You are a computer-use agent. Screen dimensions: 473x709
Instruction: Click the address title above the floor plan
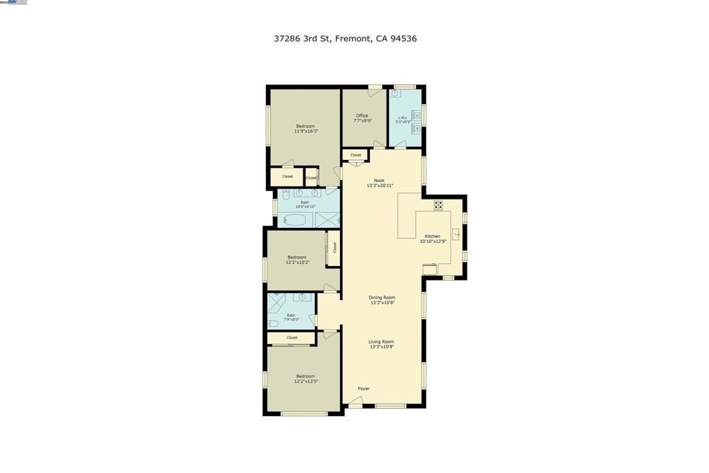coord(345,39)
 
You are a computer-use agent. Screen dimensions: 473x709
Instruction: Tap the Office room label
coord(362,116)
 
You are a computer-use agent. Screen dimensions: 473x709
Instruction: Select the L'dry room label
coord(402,118)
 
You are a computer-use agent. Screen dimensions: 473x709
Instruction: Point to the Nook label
coord(379,181)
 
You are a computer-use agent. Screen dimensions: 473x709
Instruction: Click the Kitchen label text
coord(432,236)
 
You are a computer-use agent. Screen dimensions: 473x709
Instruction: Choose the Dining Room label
coord(382,297)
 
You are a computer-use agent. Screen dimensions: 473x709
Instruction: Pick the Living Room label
coord(381,341)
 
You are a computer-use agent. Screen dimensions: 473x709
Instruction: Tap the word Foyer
coord(364,389)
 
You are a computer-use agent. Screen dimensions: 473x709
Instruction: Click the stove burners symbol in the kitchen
coord(438,204)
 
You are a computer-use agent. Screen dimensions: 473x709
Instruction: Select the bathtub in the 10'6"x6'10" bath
coord(296,220)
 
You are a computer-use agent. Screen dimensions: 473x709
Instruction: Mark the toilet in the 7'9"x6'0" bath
coord(273,323)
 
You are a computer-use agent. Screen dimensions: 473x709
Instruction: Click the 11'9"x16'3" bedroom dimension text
coord(305,131)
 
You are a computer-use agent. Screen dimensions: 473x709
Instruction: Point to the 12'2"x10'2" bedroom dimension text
coord(296,262)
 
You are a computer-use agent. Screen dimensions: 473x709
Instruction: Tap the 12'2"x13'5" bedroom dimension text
coord(305,381)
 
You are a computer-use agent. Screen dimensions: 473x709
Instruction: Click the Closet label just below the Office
coord(355,155)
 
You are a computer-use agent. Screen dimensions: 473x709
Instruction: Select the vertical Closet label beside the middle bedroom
coord(335,247)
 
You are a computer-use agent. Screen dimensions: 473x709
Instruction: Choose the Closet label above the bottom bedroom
coord(291,337)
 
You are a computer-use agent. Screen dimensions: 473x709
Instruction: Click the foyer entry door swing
coord(355,401)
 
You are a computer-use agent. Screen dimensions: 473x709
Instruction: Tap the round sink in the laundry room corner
coord(395,93)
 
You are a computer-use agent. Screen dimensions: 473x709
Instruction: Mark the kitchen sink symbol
coord(456,234)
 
